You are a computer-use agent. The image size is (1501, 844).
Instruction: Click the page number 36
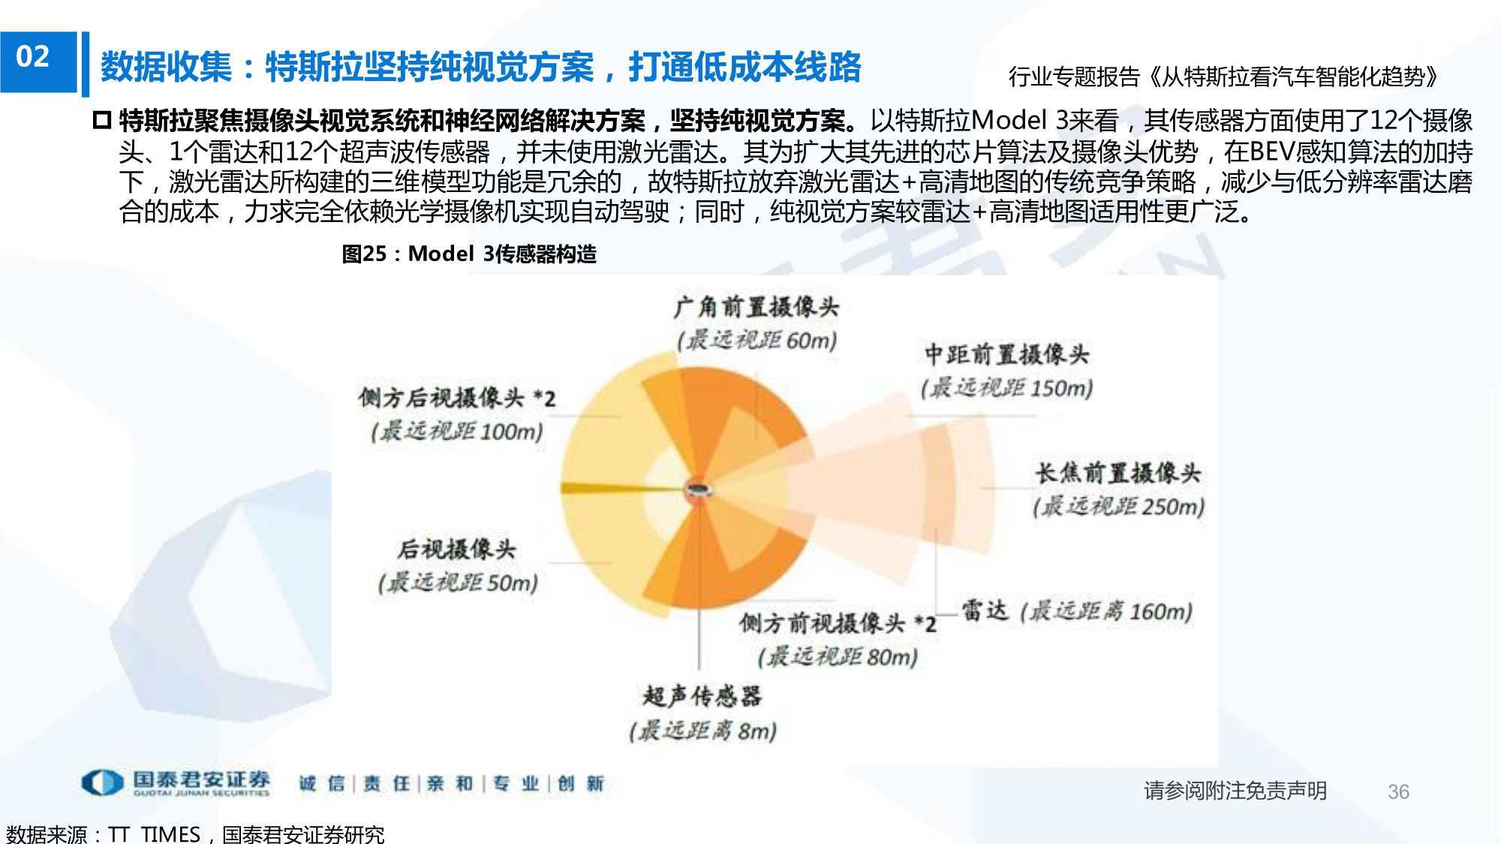1398,791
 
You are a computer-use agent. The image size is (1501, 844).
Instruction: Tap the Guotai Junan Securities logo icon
102,782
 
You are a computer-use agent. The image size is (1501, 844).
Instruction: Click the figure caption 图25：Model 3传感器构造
468,254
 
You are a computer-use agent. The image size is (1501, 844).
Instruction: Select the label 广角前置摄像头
756,306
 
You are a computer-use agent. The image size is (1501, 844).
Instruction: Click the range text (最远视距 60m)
757,340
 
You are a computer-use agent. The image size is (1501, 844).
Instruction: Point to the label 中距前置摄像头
1006,353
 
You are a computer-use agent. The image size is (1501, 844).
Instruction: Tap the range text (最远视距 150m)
1006,388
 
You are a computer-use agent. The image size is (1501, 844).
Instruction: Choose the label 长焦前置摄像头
1118,473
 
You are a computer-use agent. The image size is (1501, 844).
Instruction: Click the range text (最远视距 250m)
1118,507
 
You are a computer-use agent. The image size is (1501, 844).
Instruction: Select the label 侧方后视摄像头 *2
457,398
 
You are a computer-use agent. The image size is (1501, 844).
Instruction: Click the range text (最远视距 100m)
457,431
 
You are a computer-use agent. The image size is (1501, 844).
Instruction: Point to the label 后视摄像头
457,549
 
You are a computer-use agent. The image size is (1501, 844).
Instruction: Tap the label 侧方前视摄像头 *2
838,623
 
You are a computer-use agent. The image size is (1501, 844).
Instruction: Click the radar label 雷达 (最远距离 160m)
1077,611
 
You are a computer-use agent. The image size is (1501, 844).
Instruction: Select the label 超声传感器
702,696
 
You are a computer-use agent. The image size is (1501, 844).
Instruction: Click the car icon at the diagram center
700,490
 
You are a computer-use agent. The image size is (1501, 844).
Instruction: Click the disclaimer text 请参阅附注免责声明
1235,791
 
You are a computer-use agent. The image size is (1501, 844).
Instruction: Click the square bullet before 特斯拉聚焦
101,120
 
